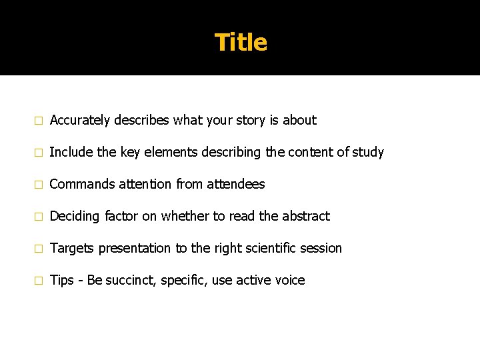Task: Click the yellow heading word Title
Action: (x=241, y=43)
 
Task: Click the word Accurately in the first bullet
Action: (x=80, y=121)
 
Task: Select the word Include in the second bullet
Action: (x=71, y=153)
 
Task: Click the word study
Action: (x=368, y=153)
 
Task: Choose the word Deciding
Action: (x=75, y=217)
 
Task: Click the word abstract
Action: (x=305, y=217)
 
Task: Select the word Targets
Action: (x=72, y=249)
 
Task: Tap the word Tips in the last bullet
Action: (x=61, y=281)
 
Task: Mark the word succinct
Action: (x=129, y=281)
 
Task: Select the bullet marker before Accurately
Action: (x=38, y=121)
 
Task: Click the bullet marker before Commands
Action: (x=38, y=185)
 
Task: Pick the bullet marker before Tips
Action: (x=38, y=281)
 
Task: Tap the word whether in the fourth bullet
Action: (x=183, y=217)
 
